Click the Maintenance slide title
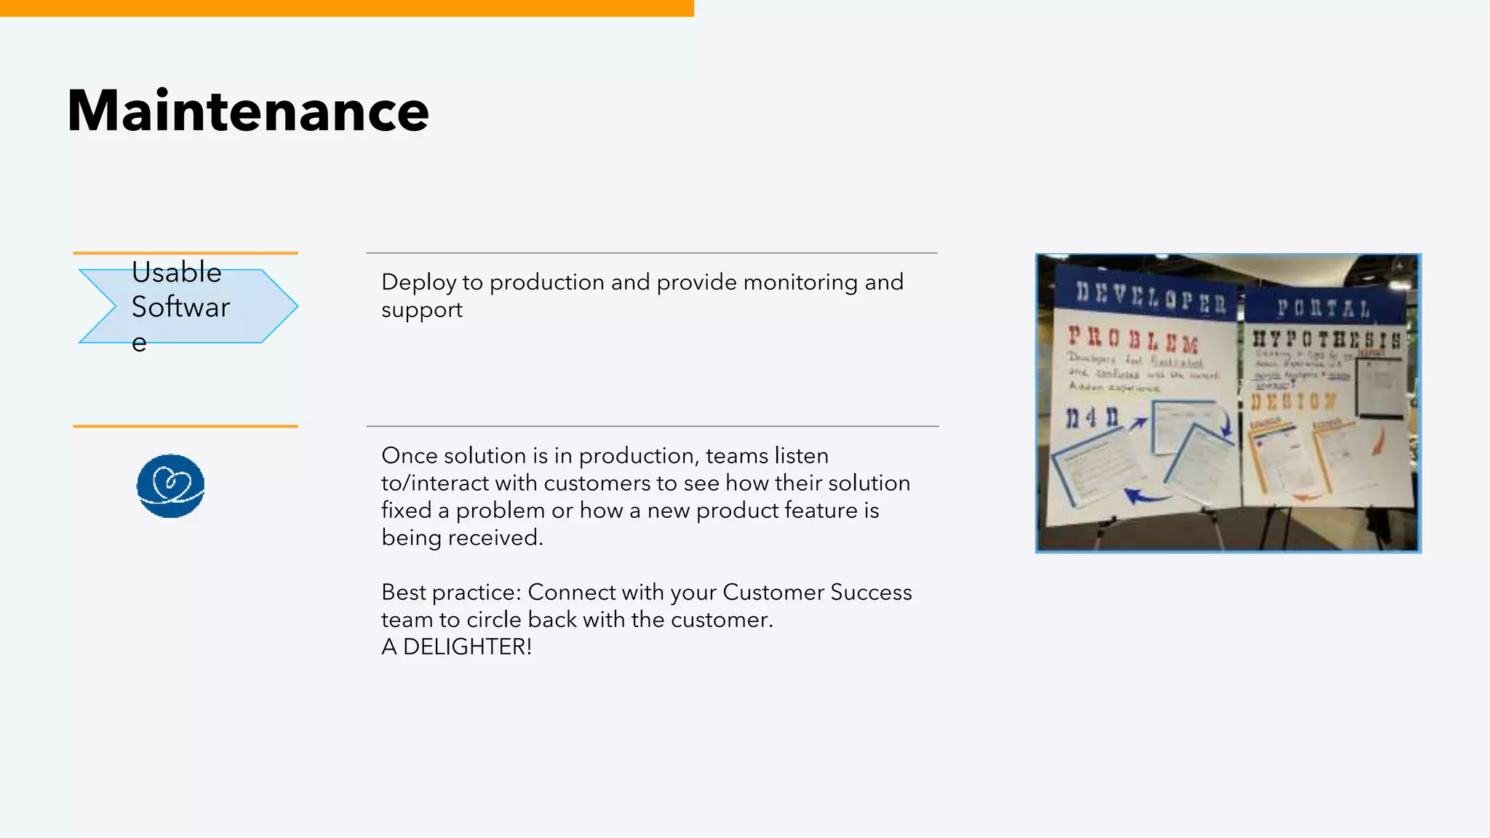pos(248,111)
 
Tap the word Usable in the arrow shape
pos(176,273)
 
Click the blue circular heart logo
pos(170,486)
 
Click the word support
pos(421,310)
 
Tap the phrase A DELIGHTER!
pos(456,647)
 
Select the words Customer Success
pos(816,592)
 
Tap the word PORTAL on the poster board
pos(1323,308)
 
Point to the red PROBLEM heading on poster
pos(1132,339)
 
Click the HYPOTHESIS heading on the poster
pos(1326,339)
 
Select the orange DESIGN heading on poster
pos(1294,401)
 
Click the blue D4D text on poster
pos(1091,418)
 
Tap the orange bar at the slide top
pos(346,8)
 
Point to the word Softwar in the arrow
pos(180,307)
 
